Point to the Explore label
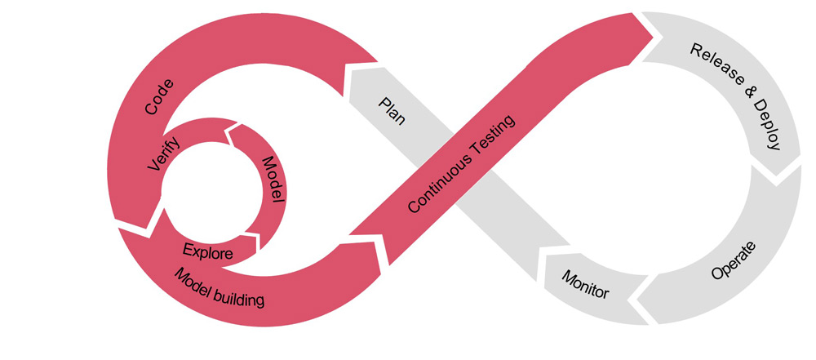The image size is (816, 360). pyautogui.click(x=207, y=251)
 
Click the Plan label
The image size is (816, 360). pyautogui.click(x=392, y=111)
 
